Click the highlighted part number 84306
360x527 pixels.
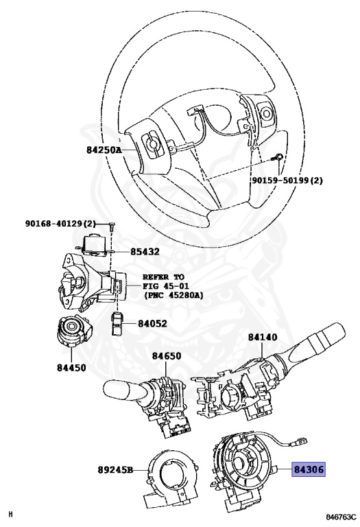309,469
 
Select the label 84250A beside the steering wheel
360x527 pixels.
104,150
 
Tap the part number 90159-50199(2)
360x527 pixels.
287,180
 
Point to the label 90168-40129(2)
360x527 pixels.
60,224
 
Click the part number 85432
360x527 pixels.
145,251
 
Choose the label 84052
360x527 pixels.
152,323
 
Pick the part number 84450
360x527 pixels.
71,368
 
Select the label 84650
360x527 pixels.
167,355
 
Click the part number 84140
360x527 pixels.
263,337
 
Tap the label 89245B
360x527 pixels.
115,469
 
